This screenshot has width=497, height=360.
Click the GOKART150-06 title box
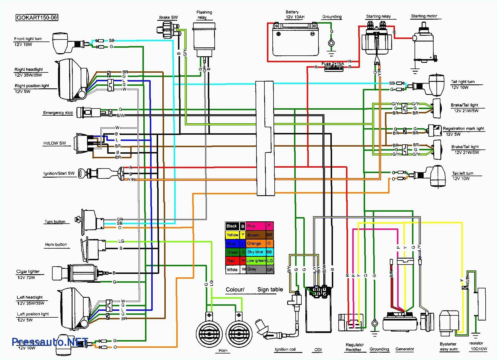37,18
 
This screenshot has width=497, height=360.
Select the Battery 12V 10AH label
295,14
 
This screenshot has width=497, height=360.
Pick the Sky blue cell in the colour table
256,252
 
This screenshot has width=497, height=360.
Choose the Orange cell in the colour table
256,244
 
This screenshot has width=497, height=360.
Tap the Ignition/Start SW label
59,173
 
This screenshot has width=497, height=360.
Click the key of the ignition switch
82,172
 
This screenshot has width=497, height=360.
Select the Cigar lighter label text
28,272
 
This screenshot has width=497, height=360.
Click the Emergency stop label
58,113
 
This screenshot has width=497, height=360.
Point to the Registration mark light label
463,128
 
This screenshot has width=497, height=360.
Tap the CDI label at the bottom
318,350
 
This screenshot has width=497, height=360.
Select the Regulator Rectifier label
354,347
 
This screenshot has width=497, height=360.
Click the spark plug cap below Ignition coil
263,330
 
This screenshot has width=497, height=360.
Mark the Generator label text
405,349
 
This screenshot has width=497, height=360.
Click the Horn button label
56,245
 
